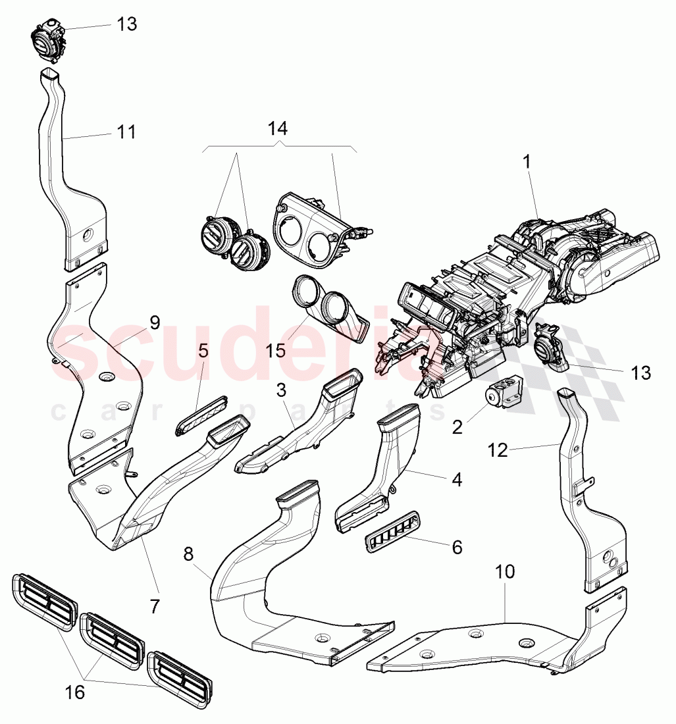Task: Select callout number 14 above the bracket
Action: [278, 128]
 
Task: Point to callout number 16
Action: [76, 692]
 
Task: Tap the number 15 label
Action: [276, 349]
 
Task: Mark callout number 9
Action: [154, 323]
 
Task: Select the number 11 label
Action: [126, 132]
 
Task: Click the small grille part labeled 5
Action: [201, 414]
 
